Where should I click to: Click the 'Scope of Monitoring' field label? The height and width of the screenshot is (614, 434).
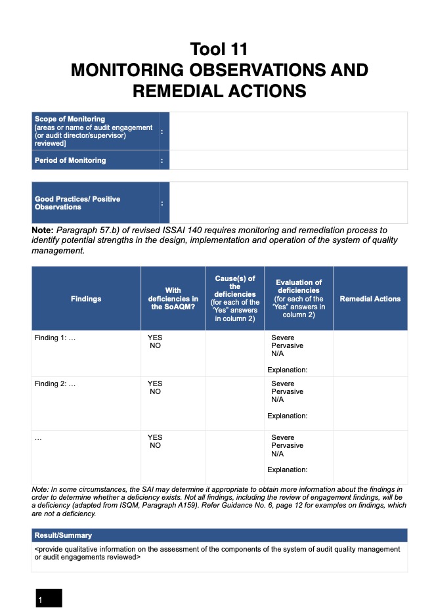pyautogui.click(x=70, y=119)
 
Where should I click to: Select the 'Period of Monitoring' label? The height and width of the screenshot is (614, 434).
pyautogui.click(x=70, y=160)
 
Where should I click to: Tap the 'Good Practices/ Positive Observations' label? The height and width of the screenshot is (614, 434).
pyautogui.click(x=77, y=203)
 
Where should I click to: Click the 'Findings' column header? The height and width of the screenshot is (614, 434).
pyautogui.click(x=86, y=299)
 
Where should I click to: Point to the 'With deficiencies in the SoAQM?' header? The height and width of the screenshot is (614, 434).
pyautogui.click(x=173, y=299)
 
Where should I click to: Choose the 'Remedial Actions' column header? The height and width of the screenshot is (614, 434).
pyautogui.click(x=370, y=299)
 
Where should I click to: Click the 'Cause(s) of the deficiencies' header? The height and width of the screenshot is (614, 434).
pyautogui.click(x=234, y=299)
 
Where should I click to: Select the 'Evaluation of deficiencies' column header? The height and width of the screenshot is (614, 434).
pyautogui.click(x=299, y=299)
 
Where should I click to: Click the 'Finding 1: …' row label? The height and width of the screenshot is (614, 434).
pyautogui.click(x=55, y=338)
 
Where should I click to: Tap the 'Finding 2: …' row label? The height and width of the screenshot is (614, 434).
pyautogui.click(x=55, y=384)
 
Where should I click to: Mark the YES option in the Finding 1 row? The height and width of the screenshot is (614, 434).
pyautogui.click(x=155, y=338)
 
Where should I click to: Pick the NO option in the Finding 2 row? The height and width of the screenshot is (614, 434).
pyautogui.click(x=155, y=391)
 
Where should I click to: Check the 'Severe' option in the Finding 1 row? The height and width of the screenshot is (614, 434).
pyautogui.click(x=282, y=338)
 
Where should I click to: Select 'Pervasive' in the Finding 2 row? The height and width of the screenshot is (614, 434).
pyautogui.click(x=287, y=391)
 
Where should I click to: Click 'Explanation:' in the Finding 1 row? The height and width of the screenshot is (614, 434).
pyautogui.click(x=287, y=370)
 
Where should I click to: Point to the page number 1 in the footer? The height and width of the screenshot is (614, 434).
pyautogui.click(x=40, y=600)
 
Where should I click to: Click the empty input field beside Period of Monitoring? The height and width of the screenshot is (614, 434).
pyautogui.click(x=288, y=160)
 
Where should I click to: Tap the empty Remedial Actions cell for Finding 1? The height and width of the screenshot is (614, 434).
pyautogui.click(x=370, y=353)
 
